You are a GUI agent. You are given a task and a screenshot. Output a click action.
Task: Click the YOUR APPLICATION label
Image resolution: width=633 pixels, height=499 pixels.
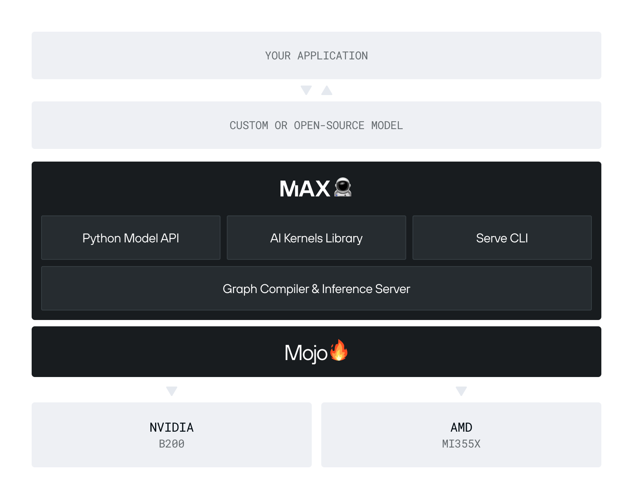[x=316, y=56]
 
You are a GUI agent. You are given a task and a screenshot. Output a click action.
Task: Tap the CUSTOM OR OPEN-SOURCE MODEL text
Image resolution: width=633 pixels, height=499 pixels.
[x=316, y=126]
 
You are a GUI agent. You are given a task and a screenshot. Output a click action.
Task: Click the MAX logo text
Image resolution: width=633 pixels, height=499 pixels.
[x=305, y=189]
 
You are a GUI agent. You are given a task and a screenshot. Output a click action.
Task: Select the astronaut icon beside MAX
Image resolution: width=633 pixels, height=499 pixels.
[x=343, y=187]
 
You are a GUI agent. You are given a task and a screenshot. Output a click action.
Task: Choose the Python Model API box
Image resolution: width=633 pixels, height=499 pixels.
[x=131, y=238]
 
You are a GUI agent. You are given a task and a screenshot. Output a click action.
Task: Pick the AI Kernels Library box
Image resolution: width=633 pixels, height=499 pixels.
[x=316, y=238]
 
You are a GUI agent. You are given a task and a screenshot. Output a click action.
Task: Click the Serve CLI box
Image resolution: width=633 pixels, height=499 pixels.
[x=502, y=238]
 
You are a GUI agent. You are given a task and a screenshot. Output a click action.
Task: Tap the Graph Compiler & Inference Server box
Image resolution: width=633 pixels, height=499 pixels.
[x=316, y=289]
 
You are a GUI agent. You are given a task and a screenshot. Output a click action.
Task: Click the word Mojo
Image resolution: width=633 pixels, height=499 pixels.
[x=306, y=353]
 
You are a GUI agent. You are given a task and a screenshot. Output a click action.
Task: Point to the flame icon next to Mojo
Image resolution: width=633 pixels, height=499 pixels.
[x=339, y=350]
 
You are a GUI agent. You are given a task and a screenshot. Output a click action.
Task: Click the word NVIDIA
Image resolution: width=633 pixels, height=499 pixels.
[x=172, y=427]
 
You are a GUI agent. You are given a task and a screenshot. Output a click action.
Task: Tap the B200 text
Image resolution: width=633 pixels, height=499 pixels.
[x=172, y=444]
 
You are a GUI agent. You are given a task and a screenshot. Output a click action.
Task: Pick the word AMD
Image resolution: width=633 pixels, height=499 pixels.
[x=461, y=427]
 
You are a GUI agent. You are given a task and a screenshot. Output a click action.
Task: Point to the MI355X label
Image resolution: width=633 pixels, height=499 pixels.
[x=461, y=444]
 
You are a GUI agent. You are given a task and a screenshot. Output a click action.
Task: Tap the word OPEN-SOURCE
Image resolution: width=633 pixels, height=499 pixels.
[x=329, y=126]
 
